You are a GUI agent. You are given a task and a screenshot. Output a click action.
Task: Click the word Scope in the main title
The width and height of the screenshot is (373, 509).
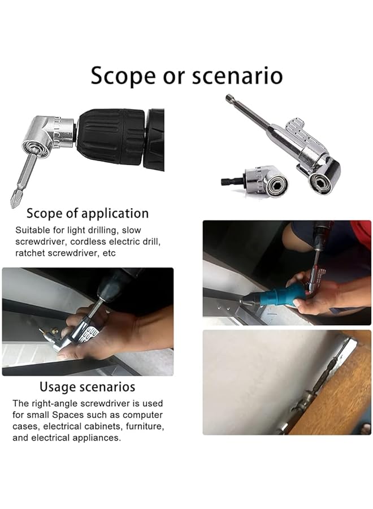click(x=123, y=76)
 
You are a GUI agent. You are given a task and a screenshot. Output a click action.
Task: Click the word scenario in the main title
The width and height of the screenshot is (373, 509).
click(x=237, y=76)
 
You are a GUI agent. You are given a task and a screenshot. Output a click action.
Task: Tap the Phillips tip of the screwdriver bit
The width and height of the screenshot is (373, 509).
click(x=14, y=201)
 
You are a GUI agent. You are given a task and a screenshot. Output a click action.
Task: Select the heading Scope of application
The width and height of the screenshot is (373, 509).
click(x=88, y=213)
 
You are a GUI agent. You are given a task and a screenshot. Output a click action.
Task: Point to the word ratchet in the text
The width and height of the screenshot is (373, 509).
click(x=31, y=253)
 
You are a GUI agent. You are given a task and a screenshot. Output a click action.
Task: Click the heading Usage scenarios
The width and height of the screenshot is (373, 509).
click(x=87, y=387)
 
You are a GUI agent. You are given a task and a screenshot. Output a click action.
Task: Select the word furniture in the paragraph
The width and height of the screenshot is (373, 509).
click(x=145, y=426)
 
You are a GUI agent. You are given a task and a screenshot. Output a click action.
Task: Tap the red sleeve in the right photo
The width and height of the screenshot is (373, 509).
click(x=361, y=233)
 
